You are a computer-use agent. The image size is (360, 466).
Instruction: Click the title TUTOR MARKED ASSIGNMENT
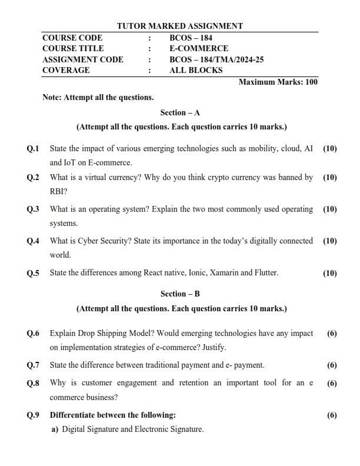coord(179,26)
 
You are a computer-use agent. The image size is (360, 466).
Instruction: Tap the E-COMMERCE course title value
coord(199,48)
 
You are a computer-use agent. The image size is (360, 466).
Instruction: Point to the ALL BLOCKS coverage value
coord(196,70)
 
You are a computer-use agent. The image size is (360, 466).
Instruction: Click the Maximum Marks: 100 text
coord(278,82)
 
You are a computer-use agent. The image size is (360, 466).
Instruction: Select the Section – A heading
coord(180,112)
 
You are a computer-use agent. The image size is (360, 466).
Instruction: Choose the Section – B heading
coord(180,293)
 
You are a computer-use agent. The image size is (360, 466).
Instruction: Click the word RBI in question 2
coord(57,191)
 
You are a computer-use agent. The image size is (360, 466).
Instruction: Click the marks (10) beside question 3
coord(330,209)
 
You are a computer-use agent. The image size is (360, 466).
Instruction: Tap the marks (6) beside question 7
coord(332,365)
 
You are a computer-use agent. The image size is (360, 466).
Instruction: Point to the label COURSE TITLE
coord(73,48)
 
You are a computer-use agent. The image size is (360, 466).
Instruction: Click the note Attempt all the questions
coord(98,97)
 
